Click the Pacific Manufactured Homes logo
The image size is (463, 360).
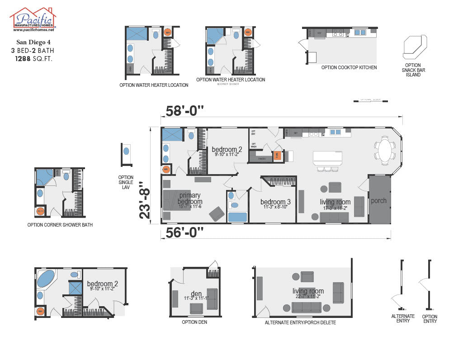[x=33, y=19]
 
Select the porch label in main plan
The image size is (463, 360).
[x=379, y=201]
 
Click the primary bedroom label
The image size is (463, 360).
[x=189, y=199]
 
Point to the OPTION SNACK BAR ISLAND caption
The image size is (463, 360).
[x=413, y=70]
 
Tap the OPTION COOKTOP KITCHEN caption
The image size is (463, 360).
[x=349, y=67]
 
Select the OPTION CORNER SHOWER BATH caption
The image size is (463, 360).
[x=60, y=225]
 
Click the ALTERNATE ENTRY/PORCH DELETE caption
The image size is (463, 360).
[x=300, y=322]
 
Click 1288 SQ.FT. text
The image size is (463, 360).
[x=33, y=59]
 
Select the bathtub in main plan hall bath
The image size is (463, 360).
[x=237, y=217]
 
